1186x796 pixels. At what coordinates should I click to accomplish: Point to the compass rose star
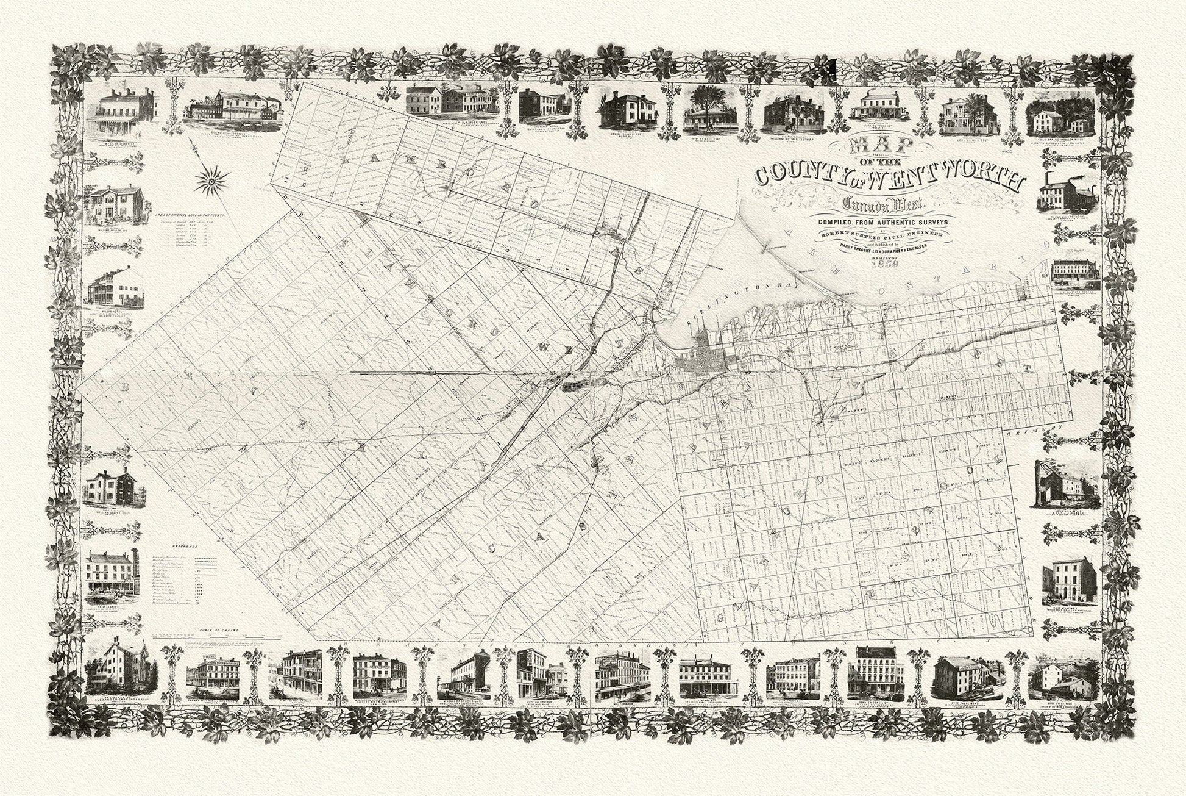[213, 179]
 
